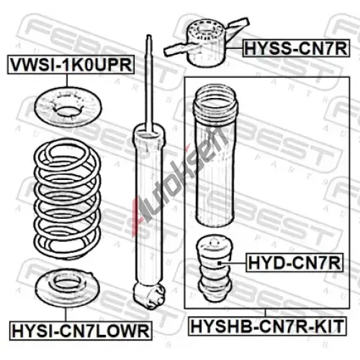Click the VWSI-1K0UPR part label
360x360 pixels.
(x=71, y=65)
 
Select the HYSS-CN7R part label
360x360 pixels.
(x=296, y=48)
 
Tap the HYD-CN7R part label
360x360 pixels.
(x=294, y=262)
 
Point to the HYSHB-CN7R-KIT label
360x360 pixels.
(x=267, y=326)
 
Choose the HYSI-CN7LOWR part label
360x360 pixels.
(x=81, y=330)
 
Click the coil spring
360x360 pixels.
(x=67, y=199)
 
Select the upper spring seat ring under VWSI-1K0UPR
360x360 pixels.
(x=68, y=106)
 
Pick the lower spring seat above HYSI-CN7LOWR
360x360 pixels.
(x=68, y=289)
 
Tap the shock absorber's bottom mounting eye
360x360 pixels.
(x=150, y=295)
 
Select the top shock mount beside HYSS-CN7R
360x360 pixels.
(x=207, y=42)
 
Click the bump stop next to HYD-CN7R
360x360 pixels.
(x=215, y=268)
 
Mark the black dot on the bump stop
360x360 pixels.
(x=219, y=264)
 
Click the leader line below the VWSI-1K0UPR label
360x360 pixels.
(x=67, y=81)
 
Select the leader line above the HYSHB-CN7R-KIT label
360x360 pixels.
(x=265, y=312)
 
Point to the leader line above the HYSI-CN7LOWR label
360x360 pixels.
(x=66, y=315)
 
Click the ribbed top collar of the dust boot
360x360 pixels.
(x=215, y=102)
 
